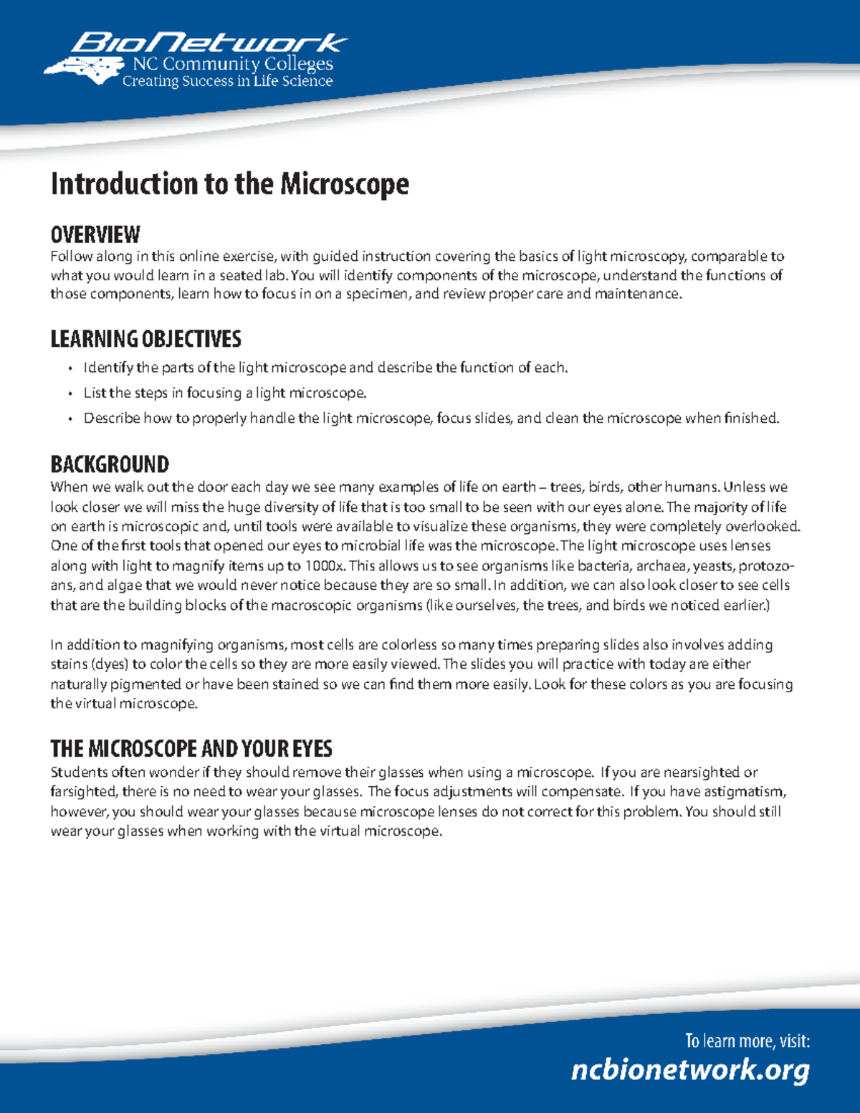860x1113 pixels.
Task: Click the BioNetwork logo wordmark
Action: pyautogui.click(x=208, y=43)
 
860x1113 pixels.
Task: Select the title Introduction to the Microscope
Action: pyautogui.click(x=229, y=184)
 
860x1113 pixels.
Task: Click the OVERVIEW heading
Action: pyautogui.click(x=95, y=234)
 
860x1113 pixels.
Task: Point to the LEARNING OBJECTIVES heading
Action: pyautogui.click(x=145, y=339)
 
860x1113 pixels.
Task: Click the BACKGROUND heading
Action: pyautogui.click(x=110, y=464)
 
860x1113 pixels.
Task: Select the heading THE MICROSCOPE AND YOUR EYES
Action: pyautogui.click(x=191, y=749)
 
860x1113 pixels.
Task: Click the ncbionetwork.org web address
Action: pyautogui.click(x=690, y=1070)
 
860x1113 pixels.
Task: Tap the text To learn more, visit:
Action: pyautogui.click(x=747, y=1041)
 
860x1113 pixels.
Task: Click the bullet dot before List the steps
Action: pyautogui.click(x=70, y=394)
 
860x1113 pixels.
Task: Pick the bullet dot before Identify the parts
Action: pyautogui.click(x=70, y=369)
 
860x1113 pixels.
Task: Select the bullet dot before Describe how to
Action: pyautogui.click(x=70, y=419)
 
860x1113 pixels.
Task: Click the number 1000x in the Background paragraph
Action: pyautogui.click(x=325, y=565)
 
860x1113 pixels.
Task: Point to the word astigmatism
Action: pyautogui.click(x=745, y=792)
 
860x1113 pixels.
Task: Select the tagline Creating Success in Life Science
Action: pyautogui.click(x=227, y=82)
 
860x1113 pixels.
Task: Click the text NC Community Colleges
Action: pyautogui.click(x=233, y=64)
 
